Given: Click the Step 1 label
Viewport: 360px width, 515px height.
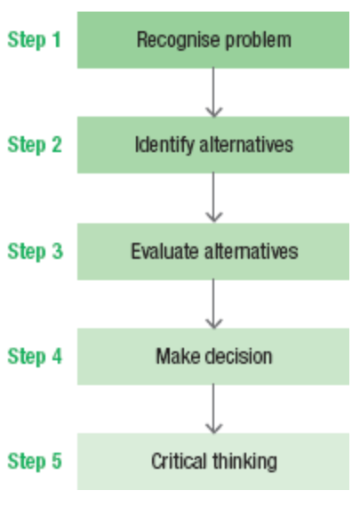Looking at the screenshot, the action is coord(34,40).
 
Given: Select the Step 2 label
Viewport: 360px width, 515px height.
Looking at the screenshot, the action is coord(35,145).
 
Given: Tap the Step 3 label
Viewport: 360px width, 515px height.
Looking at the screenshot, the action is coord(35,252).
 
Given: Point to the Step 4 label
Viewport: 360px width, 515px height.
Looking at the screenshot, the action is coord(35,357).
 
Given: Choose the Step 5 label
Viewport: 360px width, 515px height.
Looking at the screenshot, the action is coord(35,461).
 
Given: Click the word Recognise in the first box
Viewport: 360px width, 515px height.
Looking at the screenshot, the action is coord(178,41).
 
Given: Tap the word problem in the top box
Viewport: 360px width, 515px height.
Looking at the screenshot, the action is coord(259,41).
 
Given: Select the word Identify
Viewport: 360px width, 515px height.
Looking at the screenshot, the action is coord(164,146).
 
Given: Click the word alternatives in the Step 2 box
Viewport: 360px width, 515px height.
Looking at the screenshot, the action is coord(246,145).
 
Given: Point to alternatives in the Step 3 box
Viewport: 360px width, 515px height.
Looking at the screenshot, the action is coord(252,252).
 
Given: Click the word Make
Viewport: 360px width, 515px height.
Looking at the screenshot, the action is coord(178,357).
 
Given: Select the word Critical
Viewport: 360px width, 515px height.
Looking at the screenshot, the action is coord(179,461).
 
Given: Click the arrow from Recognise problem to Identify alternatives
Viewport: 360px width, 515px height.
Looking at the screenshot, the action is coord(213,93).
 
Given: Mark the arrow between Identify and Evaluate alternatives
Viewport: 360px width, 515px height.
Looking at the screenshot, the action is coord(213,197).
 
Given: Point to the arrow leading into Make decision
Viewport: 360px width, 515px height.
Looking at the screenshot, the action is coord(213,304).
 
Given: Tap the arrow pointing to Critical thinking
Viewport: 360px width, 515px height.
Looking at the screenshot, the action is coord(213,409).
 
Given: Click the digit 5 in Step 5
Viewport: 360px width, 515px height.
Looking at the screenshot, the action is coord(57,461).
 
